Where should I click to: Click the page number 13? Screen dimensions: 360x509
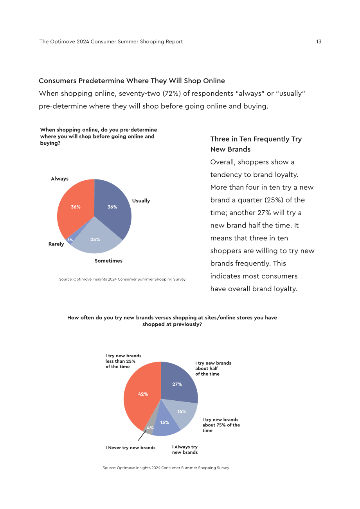coord(319,41)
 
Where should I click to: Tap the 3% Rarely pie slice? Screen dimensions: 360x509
coord(70,240)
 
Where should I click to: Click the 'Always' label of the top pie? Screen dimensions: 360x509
coord(59,179)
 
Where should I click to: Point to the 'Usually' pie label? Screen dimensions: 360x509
coord(141,201)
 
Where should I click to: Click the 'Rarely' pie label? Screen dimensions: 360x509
coord(56,244)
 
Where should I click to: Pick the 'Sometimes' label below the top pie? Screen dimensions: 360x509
coord(108,261)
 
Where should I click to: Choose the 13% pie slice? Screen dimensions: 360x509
coord(165,423)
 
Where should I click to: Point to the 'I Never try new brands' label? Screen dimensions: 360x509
coord(130,448)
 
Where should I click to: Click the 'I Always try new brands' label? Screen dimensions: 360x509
coord(185,450)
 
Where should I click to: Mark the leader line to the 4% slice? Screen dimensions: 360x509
coord(142,436)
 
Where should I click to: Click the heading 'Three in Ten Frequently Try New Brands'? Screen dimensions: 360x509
coord(256,144)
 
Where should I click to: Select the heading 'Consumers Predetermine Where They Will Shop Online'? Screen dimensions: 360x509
coord(132,81)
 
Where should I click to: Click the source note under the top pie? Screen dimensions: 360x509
coord(122,279)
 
